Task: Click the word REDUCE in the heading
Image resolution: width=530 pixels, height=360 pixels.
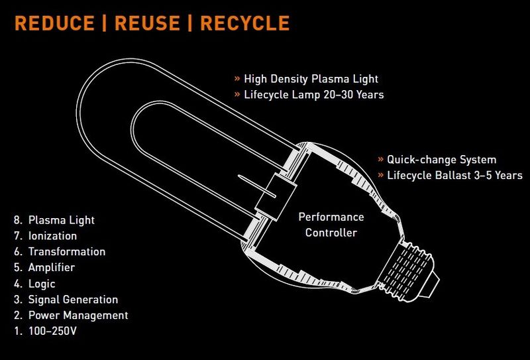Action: click(54, 23)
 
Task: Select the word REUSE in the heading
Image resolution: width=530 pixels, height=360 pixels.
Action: click(147, 23)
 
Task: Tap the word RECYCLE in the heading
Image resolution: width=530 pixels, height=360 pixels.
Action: click(245, 23)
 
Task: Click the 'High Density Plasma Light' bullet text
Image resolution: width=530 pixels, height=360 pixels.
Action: click(311, 79)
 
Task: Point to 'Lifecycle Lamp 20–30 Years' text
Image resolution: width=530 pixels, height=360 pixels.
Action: click(314, 94)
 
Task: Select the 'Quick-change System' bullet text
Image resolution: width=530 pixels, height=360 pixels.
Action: click(441, 159)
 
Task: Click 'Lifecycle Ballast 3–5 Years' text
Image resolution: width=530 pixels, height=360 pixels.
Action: click(454, 175)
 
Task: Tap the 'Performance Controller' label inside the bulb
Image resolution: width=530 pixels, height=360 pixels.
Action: click(331, 225)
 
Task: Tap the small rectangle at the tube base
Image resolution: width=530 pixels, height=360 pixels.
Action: click(276, 198)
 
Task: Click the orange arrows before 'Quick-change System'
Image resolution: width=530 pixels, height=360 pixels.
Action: click(381, 160)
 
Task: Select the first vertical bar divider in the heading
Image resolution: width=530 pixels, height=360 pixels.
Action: click(105, 23)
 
